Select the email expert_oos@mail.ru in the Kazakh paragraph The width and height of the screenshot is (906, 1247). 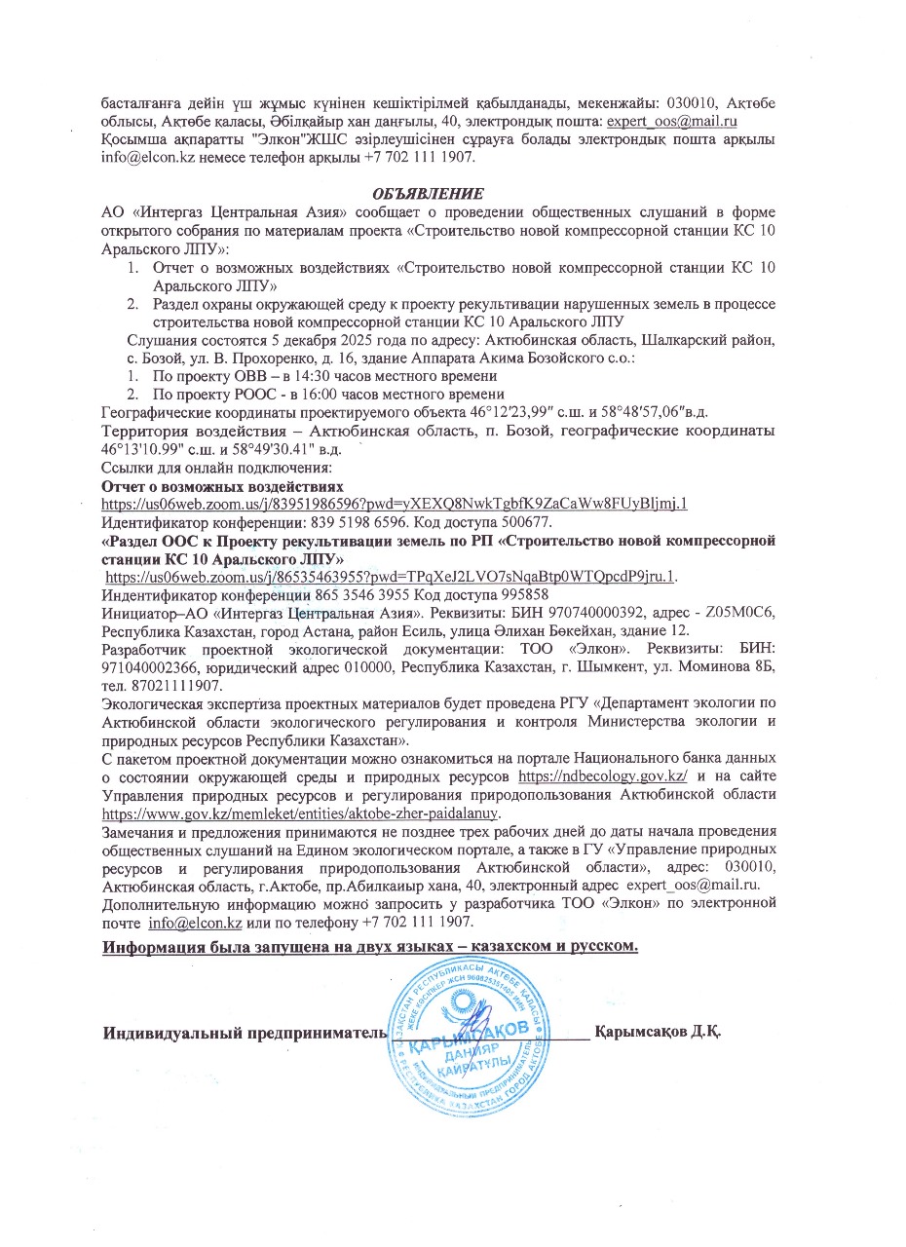(x=671, y=122)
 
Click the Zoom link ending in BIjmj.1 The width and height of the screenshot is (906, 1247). (x=396, y=504)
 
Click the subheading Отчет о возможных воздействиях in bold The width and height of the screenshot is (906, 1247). (x=223, y=485)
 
